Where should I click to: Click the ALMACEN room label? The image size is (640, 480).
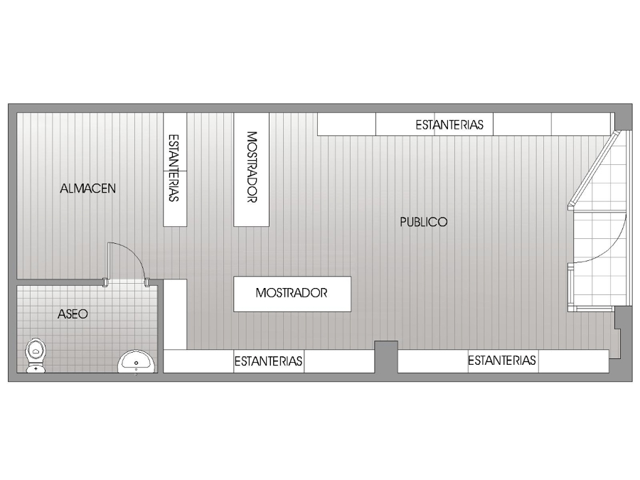(x=87, y=188)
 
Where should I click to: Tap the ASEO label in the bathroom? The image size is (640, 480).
(x=73, y=314)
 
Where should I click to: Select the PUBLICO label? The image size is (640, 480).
(x=423, y=222)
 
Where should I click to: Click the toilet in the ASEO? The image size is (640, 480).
(x=36, y=355)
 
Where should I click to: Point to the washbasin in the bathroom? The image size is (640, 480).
(x=137, y=361)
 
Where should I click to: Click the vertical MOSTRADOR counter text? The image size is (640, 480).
(x=252, y=167)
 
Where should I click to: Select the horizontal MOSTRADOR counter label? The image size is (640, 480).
(x=292, y=293)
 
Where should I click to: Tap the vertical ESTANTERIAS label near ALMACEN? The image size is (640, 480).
(x=174, y=168)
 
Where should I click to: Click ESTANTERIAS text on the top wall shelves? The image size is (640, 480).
(x=449, y=124)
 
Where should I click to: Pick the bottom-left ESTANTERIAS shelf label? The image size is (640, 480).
(x=268, y=361)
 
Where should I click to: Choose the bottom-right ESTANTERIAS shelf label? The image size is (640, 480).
(x=501, y=360)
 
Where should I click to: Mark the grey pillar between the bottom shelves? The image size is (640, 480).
(x=386, y=357)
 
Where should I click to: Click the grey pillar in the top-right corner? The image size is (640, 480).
(x=623, y=117)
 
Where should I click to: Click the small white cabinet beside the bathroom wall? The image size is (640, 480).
(x=175, y=314)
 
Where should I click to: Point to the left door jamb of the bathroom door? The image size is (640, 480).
(x=105, y=282)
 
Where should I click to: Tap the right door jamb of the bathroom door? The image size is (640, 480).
(x=147, y=282)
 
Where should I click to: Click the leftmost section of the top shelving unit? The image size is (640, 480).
(x=346, y=124)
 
